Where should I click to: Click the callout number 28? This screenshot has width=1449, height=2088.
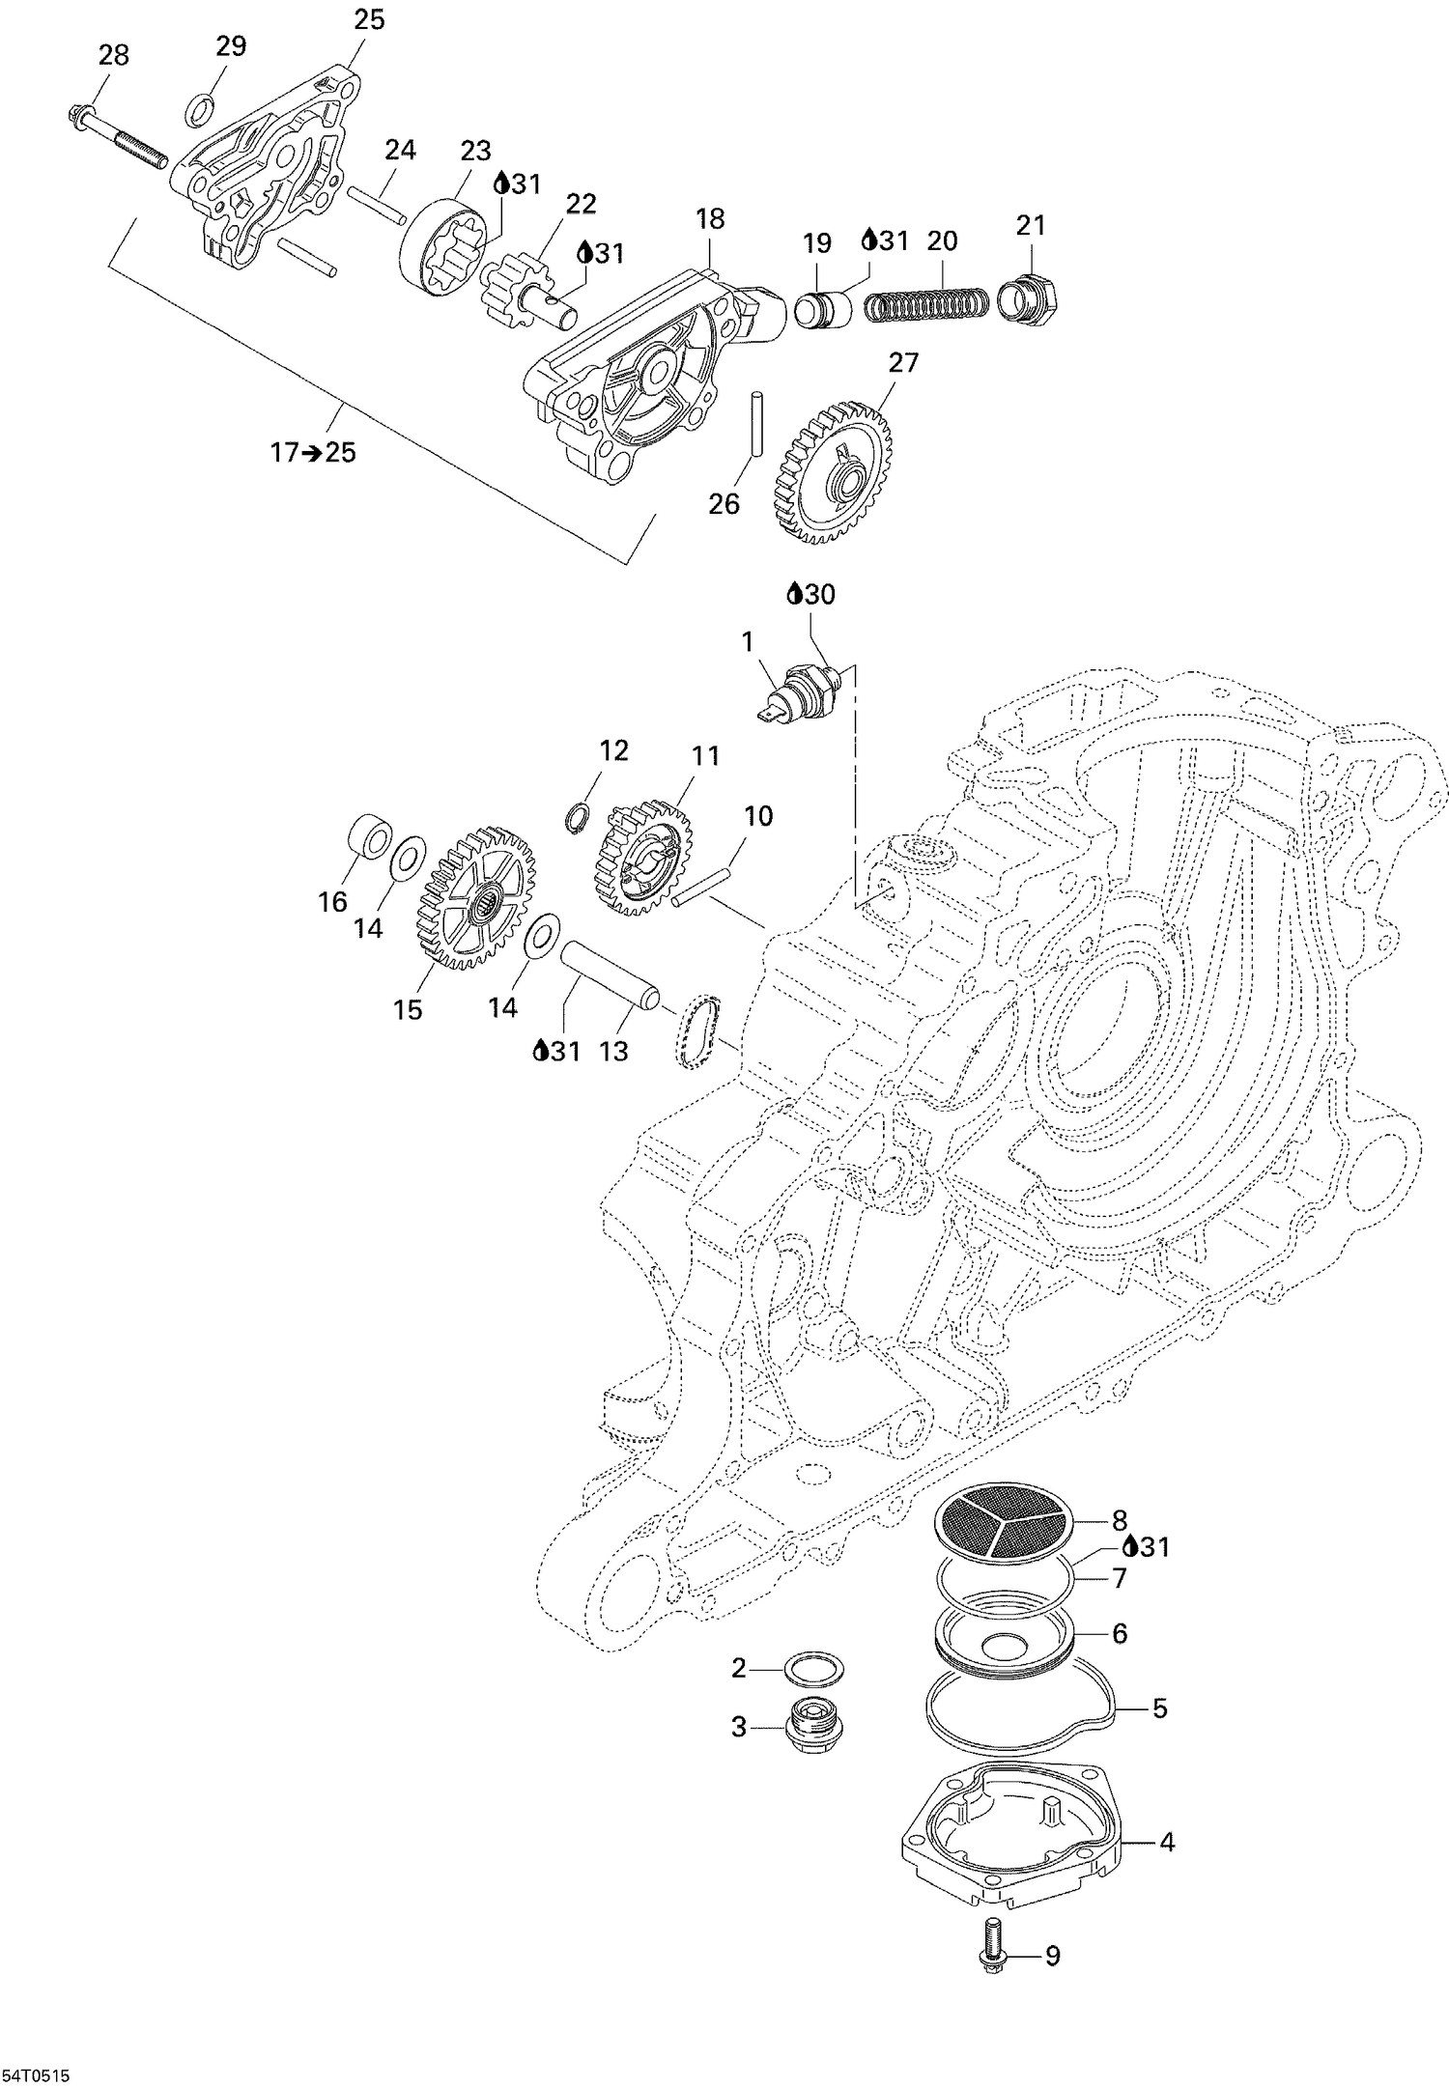(x=113, y=55)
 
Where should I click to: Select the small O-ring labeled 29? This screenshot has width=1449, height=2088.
(x=198, y=110)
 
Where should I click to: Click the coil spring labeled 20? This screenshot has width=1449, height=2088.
(x=924, y=305)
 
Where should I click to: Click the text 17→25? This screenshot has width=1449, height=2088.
(x=312, y=451)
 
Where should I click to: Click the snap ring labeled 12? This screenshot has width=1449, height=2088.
(x=578, y=817)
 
